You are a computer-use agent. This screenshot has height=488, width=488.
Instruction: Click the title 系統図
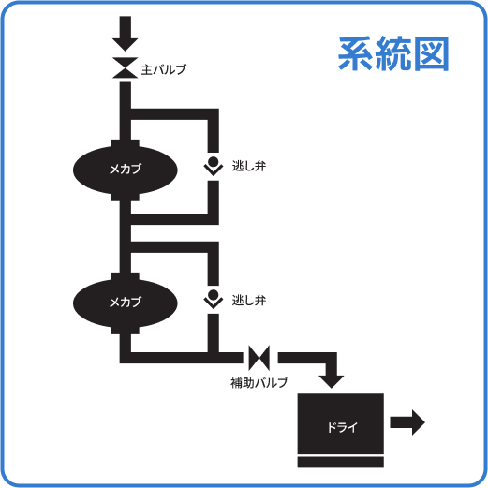(x=393, y=55)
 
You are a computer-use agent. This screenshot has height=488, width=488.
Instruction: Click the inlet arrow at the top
(x=125, y=37)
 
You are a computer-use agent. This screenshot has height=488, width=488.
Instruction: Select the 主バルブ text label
(x=164, y=70)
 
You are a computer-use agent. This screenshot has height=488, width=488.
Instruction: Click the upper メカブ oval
(x=125, y=170)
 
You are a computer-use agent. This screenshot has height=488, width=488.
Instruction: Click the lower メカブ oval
(x=125, y=301)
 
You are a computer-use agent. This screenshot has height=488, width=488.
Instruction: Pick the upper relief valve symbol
(x=214, y=167)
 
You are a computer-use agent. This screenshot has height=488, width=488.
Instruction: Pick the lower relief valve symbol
(x=214, y=299)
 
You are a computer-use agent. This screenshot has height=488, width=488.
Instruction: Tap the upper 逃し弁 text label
(x=249, y=168)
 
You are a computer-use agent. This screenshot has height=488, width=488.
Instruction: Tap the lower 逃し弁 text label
(x=249, y=301)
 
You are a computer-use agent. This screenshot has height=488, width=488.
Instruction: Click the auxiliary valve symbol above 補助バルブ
(x=259, y=357)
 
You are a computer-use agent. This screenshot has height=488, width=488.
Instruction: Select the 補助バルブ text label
(x=259, y=382)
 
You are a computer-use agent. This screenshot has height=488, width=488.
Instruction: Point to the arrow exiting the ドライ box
(x=407, y=421)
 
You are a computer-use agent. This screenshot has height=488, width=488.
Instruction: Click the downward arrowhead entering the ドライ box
(x=331, y=377)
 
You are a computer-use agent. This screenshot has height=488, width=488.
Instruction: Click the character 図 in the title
(x=431, y=55)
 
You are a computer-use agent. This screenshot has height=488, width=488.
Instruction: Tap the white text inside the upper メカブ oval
(x=125, y=170)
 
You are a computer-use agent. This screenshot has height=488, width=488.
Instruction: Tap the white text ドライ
(x=341, y=427)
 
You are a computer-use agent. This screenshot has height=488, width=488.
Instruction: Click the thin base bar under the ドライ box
(x=341, y=462)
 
